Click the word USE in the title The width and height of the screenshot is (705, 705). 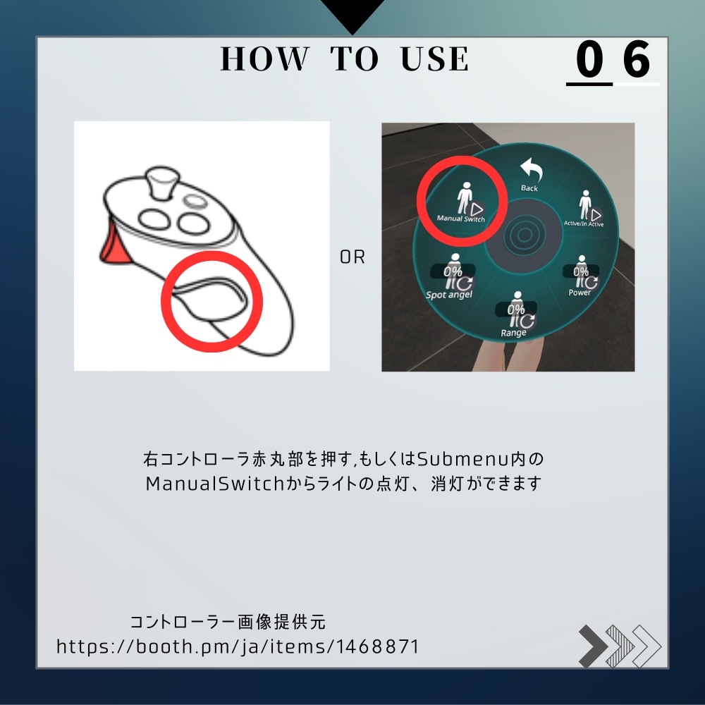coord(434,59)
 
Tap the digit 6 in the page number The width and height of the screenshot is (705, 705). coord(637,61)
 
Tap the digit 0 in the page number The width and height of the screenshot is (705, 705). coord(589,61)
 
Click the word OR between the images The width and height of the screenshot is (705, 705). coord(352,258)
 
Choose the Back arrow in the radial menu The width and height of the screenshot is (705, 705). coord(529,171)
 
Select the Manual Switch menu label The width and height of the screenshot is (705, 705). coord(460,219)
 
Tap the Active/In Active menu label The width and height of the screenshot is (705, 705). coord(584,223)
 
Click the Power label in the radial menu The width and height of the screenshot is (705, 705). coord(580,293)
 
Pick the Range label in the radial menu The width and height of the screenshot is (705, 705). coord(514,332)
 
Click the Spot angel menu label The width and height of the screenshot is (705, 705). coord(449,295)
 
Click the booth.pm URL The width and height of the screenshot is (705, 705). coord(238,646)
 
